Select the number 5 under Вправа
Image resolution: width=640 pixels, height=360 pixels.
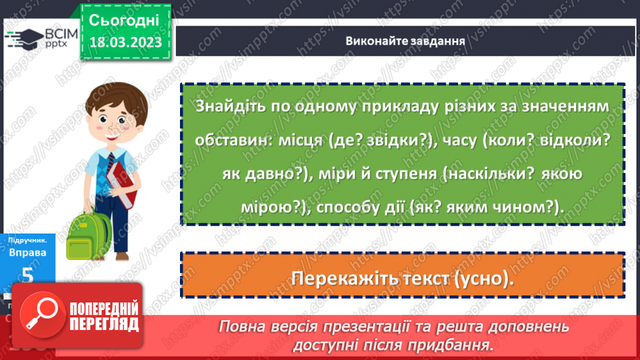click(28, 275)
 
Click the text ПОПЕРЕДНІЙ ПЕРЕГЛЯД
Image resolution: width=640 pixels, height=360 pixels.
click(104, 317)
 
